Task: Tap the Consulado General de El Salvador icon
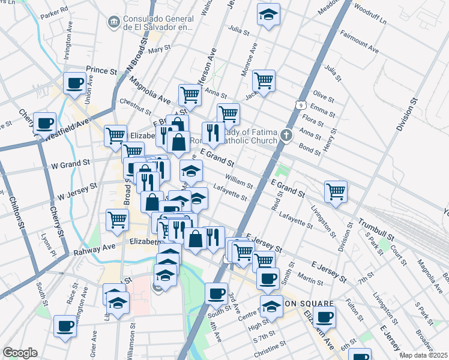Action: pyautogui.click(x=112, y=23)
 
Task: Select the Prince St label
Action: pyautogui.click(x=101, y=71)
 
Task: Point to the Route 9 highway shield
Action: pyautogui.click(x=298, y=106)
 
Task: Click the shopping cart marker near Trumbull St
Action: pyautogui.click(x=336, y=191)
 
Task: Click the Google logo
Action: pyautogui.click(x=20, y=353)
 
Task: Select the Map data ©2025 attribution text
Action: pyautogui.click(x=424, y=355)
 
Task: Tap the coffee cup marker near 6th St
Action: pyautogui.click(x=325, y=316)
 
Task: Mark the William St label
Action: pyautogui.click(x=238, y=180)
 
